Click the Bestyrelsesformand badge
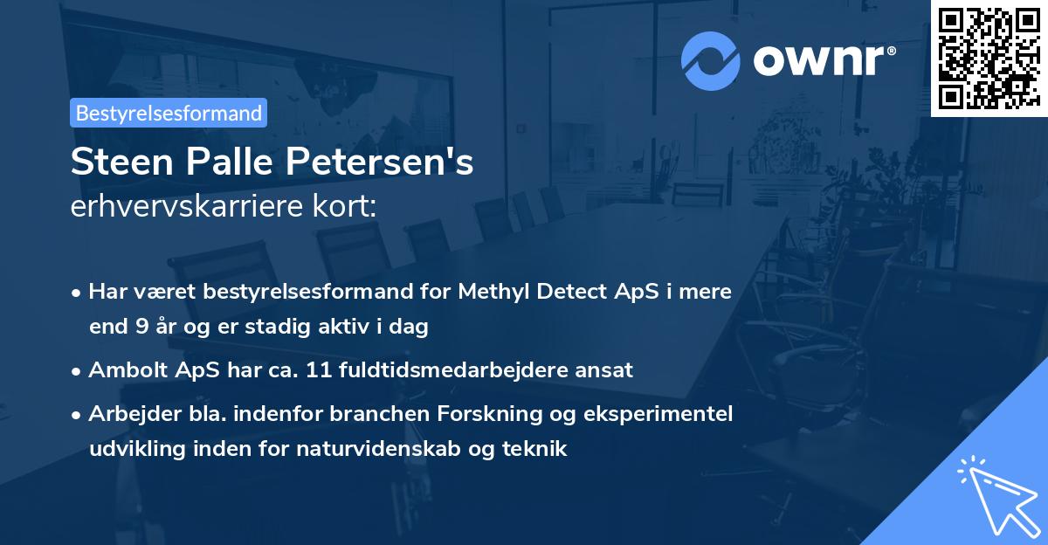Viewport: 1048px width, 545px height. (169, 113)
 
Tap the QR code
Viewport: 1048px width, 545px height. (989, 58)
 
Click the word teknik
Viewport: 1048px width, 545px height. (539, 449)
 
